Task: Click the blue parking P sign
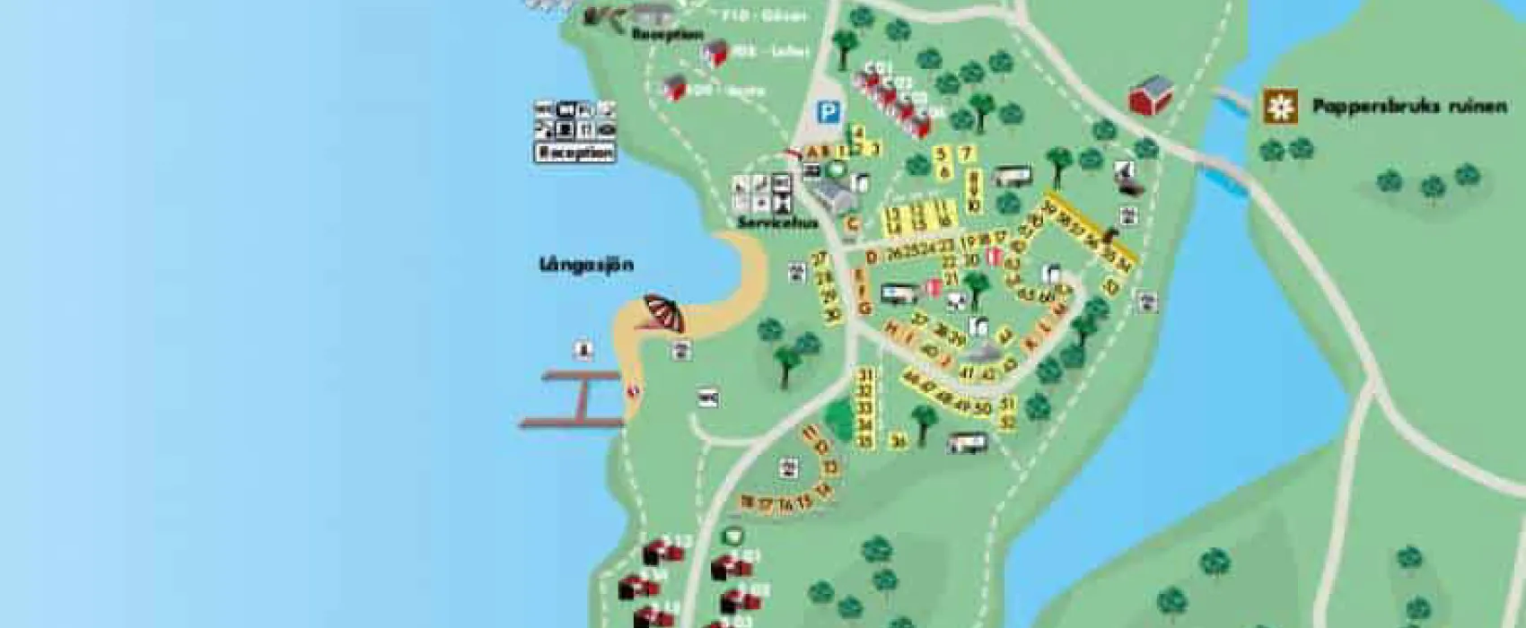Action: pyautogui.click(x=830, y=113)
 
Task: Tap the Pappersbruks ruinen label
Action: pyautogui.click(x=1408, y=107)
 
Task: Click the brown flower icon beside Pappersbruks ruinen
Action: pyautogui.click(x=1280, y=107)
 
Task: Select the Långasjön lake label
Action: pyautogui.click(x=586, y=265)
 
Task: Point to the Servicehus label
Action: pyautogui.click(x=777, y=222)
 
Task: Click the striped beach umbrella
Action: pyautogui.click(x=664, y=314)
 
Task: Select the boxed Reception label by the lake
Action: pyautogui.click(x=575, y=153)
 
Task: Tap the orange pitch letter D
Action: pyautogui.click(x=870, y=257)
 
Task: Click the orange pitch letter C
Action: pyautogui.click(x=853, y=224)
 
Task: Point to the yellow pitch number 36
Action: pyautogui.click(x=898, y=440)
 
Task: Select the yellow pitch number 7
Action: pyautogui.click(x=966, y=154)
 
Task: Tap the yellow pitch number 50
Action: pyautogui.click(x=982, y=408)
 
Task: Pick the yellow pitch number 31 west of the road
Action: pyautogui.click(x=865, y=375)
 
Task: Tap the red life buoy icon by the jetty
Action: pyautogui.click(x=635, y=389)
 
